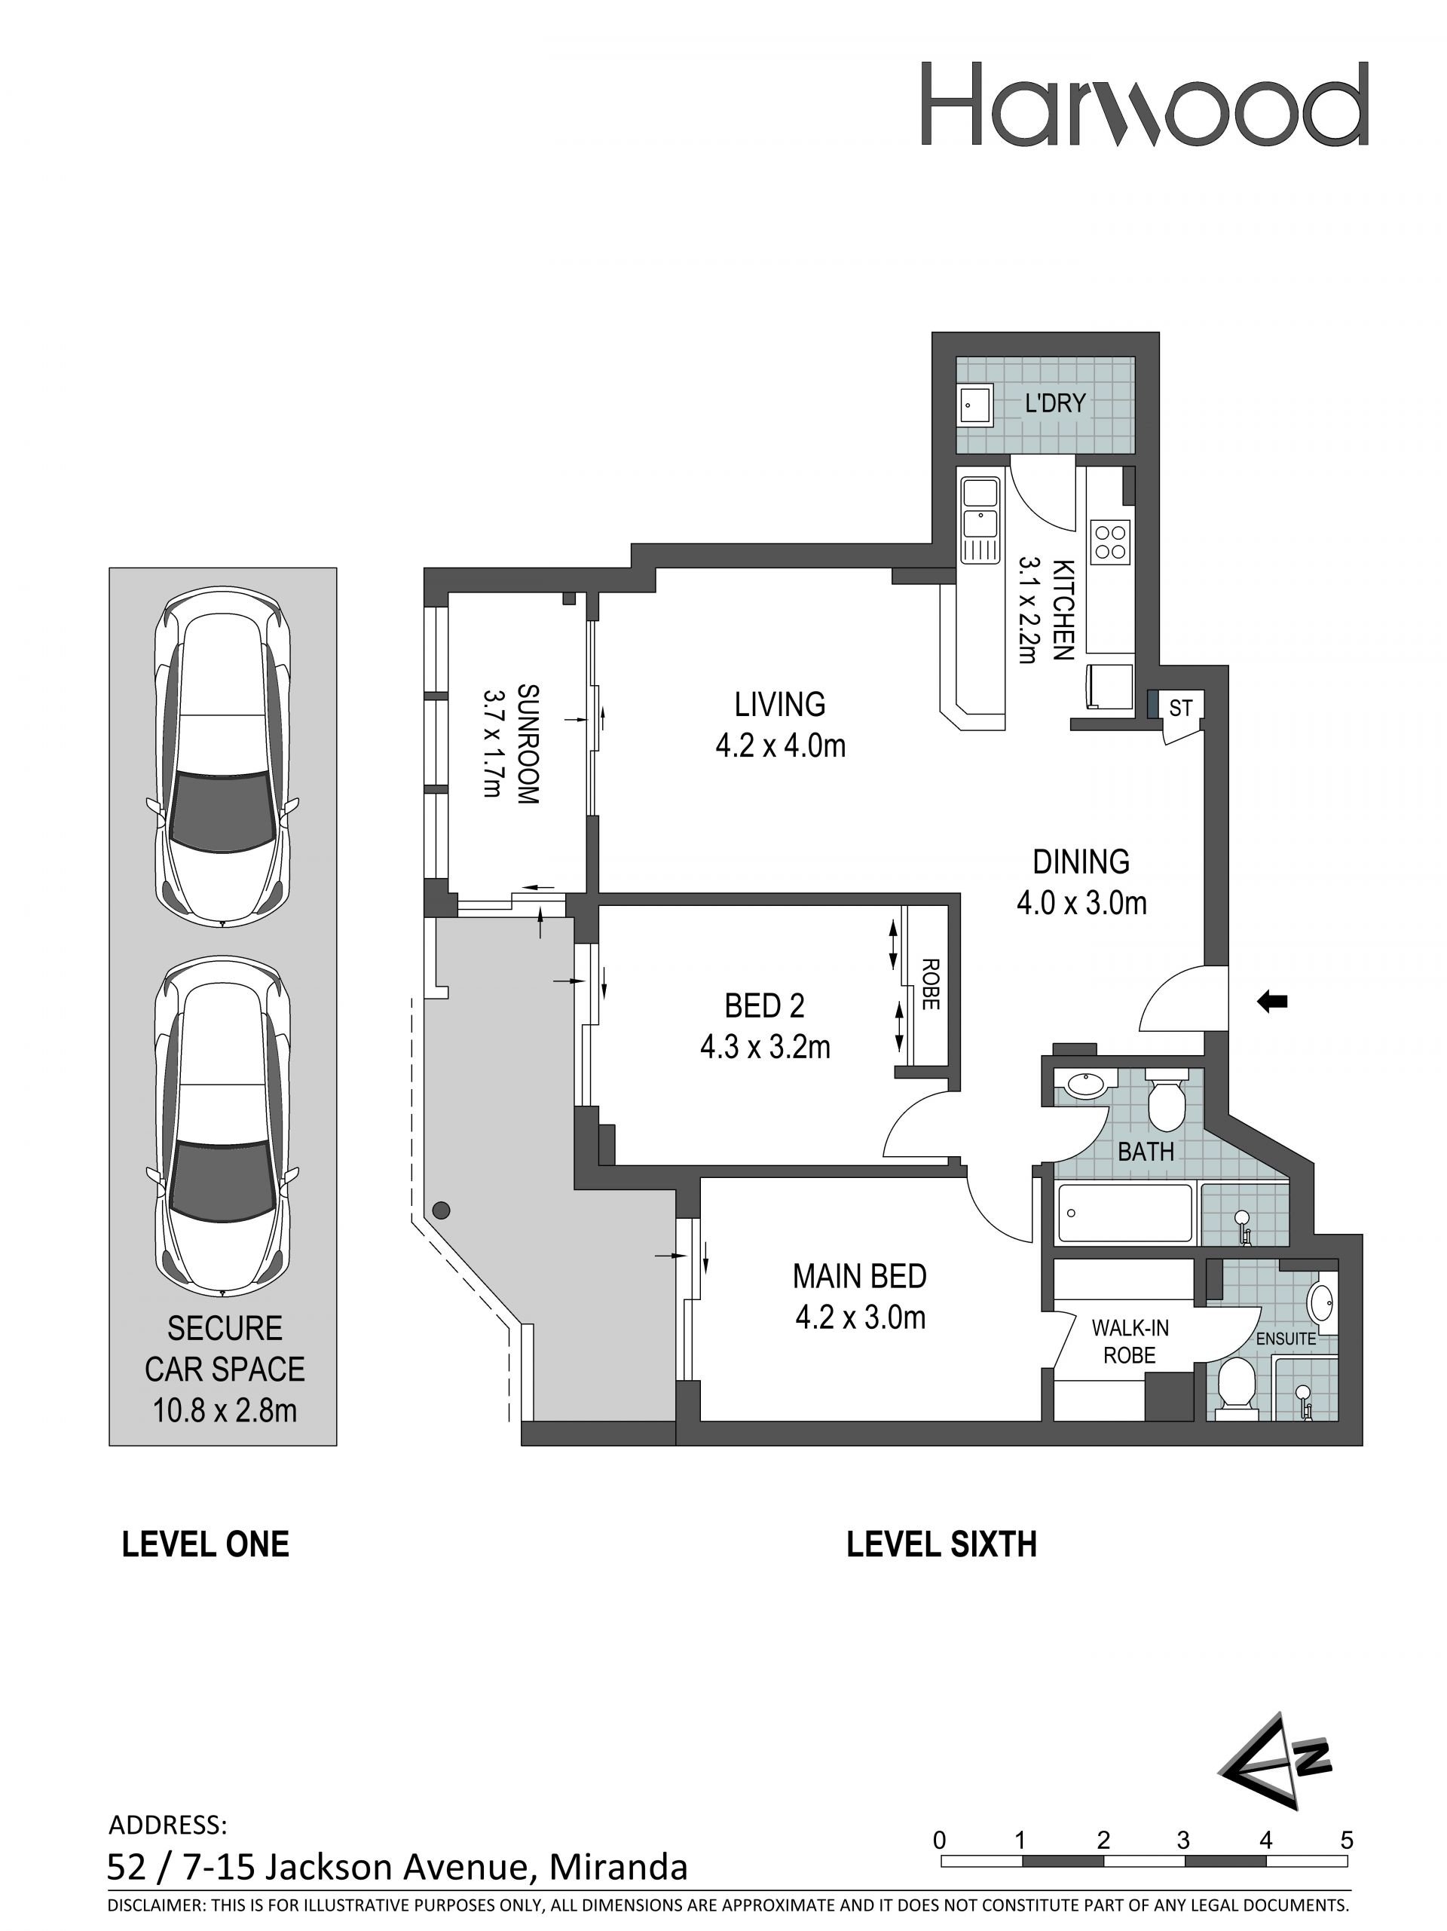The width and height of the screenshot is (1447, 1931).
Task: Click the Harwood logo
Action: pyautogui.click(x=1144, y=103)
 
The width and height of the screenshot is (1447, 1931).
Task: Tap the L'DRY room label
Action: pyautogui.click(x=1055, y=403)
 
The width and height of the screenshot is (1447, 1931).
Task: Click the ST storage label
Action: pyautogui.click(x=1180, y=708)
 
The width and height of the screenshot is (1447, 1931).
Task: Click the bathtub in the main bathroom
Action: pyautogui.click(x=1124, y=1213)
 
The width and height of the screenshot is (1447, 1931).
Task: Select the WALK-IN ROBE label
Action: pyautogui.click(x=1129, y=1341)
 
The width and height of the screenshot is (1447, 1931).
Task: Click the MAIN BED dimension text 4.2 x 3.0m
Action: pyautogui.click(x=860, y=1317)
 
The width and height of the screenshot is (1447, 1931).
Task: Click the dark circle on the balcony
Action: pyautogui.click(x=442, y=1210)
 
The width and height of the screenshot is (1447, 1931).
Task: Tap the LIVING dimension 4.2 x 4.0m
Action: pyautogui.click(x=780, y=745)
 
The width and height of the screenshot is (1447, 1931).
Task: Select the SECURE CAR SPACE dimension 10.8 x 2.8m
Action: pyautogui.click(x=225, y=1410)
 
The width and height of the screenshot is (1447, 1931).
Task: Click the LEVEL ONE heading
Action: pyautogui.click(x=205, y=1544)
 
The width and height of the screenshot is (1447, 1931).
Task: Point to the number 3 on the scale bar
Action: pyautogui.click(x=1182, y=1841)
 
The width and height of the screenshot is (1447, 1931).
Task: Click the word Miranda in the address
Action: pyautogui.click(x=618, y=1867)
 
